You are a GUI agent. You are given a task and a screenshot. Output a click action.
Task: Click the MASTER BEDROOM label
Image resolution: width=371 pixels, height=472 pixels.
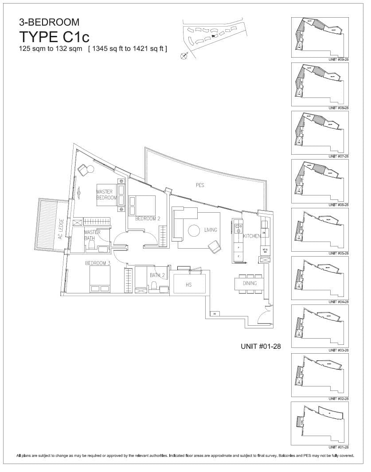[106, 195]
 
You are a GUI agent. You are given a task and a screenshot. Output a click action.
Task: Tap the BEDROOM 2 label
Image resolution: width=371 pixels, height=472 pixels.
[148, 218]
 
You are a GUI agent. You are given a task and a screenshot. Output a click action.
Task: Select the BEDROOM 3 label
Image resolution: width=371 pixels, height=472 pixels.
[98, 263]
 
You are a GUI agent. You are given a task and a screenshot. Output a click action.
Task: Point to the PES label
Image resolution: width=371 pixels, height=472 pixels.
[200, 185]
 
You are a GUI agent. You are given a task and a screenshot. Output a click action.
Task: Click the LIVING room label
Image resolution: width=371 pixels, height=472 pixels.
[211, 230]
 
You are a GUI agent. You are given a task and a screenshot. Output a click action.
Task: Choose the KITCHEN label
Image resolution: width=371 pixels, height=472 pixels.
[252, 236]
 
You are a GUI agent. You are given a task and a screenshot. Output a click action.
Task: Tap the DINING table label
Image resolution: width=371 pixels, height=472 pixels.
[250, 283]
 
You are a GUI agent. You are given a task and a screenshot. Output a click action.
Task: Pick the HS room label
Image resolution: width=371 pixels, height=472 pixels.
[189, 285]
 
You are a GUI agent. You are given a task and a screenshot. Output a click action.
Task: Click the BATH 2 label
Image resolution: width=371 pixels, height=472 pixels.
[157, 275]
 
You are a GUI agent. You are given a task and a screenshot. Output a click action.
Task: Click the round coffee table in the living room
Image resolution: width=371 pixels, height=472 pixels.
[194, 231]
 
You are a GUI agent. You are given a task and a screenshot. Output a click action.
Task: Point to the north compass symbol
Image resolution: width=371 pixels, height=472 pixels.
[184, 56]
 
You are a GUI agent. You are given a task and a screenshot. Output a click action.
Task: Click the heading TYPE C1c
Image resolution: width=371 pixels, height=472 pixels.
[54, 37]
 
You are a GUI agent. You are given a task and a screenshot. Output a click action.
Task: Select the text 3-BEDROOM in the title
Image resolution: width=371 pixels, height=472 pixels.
[49, 22]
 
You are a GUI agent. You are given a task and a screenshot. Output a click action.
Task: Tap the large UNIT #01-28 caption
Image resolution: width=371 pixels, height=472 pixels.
[261, 345]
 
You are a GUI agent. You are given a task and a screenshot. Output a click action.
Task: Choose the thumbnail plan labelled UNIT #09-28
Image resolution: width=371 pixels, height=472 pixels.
[319, 37]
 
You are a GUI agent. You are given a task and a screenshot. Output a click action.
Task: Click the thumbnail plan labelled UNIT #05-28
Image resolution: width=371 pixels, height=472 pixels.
[319, 230]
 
